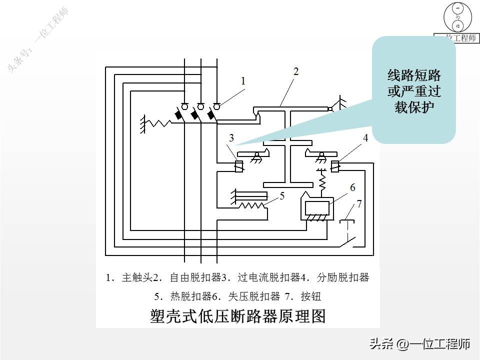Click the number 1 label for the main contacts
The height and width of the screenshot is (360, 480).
click(243, 80)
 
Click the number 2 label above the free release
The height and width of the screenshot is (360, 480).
click(296, 71)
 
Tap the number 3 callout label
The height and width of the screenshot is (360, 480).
click(231, 138)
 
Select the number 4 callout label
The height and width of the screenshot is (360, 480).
click(365, 138)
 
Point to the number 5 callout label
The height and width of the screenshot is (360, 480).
click(282, 196)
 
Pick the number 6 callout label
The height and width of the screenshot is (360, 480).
click(352, 187)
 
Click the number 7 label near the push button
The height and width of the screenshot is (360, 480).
click(359, 204)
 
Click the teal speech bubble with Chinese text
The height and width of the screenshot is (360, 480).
click(414, 90)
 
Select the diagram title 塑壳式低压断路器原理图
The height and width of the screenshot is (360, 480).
click(237, 316)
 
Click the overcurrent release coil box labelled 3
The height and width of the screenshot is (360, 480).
click(239, 166)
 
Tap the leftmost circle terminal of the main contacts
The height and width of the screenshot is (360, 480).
click(184, 106)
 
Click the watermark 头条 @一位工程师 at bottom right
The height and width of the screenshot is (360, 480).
click(420, 344)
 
